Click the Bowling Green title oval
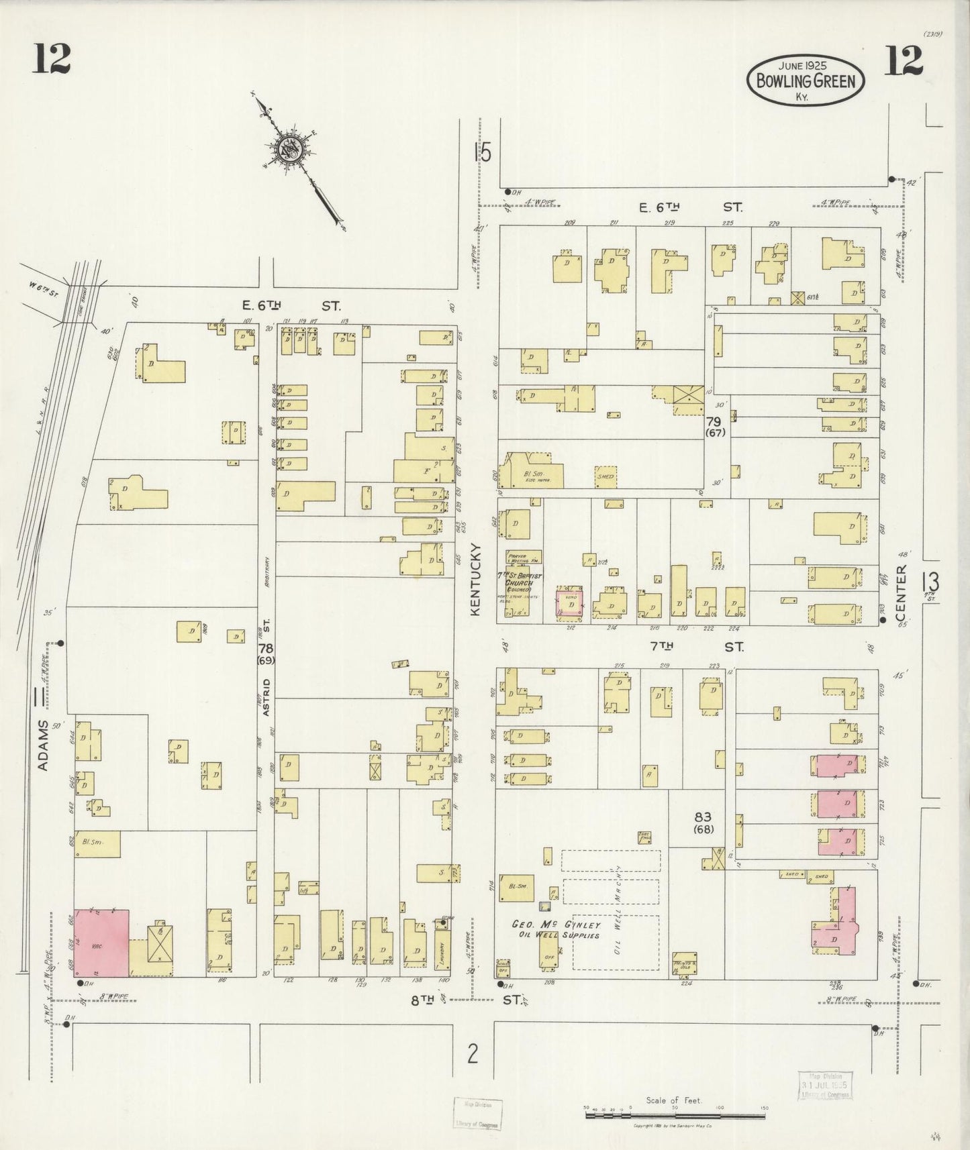pos(806,80)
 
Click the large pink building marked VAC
pos(101,943)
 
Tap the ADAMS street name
pos(44,745)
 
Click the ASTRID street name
pos(266,698)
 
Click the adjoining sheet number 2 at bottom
pos(473,1055)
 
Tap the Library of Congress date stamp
pos(825,1084)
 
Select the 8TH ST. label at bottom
pos(465,1000)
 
